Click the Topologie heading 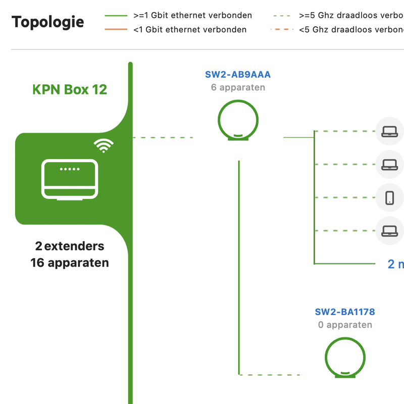[x=48, y=22]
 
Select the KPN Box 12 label [x=70, y=90]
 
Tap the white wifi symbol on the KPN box [x=104, y=145]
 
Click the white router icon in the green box [x=70, y=180]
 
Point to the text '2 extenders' [x=70, y=246]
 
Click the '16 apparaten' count [x=70, y=263]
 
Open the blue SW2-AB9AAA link [x=238, y=75]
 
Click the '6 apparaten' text [x=238, y=87]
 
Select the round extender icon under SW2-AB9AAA [x=238, y=120]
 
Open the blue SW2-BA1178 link [x=345, y=312]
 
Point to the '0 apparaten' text [x=345, y=325]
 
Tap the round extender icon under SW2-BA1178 [x=345, y=358]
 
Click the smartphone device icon [x=389, y=197]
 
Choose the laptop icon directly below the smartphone [x=389, y=231]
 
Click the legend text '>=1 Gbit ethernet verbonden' [x=192, y=16]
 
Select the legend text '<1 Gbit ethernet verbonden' [x=190, y=30]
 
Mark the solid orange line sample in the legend [x=116, y=30]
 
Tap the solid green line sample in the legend [x=116, y=16]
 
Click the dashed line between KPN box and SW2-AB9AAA [x=163, y=137]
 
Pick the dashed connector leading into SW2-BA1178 [x=270, y=375]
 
